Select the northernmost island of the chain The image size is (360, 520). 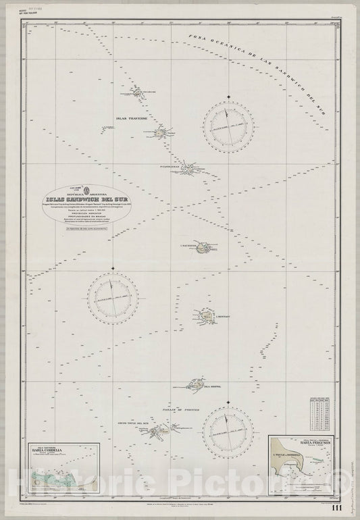tap(140, 93)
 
